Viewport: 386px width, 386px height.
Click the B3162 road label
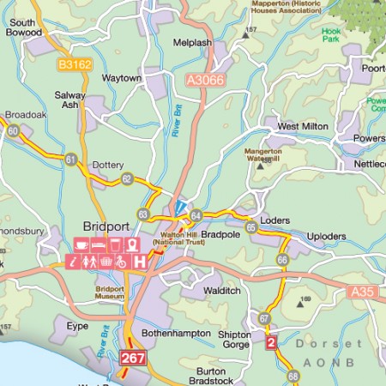(75, 63)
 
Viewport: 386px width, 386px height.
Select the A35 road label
(363, 293)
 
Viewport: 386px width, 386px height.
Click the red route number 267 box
(133, 357)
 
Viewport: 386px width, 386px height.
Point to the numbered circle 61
(70, 159)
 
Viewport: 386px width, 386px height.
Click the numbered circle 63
(142, 214)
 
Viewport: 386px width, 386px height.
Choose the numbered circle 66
(282, 259)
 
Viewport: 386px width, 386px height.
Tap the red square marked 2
(272, 343)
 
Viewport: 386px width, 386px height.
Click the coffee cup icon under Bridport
(79, 245)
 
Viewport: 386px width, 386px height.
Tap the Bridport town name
(106, 226)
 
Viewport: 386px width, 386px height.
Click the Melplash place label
(192, 41)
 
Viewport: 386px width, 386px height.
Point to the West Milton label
(303, 126)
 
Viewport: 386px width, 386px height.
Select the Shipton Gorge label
(235, 341)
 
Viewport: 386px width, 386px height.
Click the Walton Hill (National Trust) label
(183, 238)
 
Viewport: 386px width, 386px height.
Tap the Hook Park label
(331, 35)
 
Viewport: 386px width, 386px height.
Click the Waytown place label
(123, 78)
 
